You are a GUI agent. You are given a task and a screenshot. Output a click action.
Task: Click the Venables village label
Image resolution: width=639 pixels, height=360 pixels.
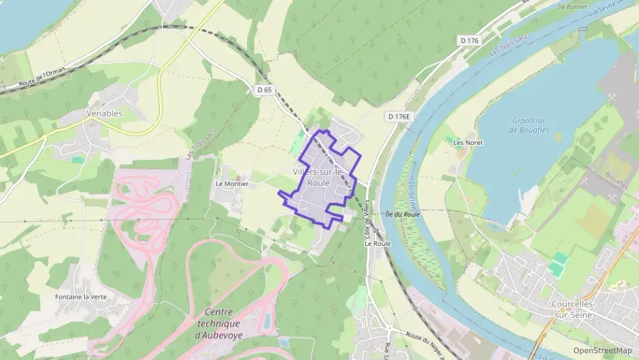pos(104,113)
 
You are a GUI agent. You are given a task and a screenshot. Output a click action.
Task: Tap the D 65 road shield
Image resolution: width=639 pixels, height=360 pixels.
pos(265,89)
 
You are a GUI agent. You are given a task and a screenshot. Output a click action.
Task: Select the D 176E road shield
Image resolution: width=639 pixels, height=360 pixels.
pos(399,117)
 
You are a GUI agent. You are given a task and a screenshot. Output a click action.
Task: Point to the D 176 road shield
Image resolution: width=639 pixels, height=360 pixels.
pos(470,41)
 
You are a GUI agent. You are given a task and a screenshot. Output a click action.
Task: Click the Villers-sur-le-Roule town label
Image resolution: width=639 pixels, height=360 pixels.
pos(319,177)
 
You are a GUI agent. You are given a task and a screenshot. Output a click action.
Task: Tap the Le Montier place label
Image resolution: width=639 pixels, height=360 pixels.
pos(231,184)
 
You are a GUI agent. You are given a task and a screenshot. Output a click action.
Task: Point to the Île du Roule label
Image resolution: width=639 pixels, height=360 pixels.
pos(402,214)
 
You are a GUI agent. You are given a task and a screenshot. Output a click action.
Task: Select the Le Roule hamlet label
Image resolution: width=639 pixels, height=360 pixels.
pos(377,243)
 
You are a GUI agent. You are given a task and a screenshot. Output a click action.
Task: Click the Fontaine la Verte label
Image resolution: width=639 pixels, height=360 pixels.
pos(81,297)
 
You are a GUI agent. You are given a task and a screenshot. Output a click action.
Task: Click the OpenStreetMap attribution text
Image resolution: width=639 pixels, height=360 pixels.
pos(603,350)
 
